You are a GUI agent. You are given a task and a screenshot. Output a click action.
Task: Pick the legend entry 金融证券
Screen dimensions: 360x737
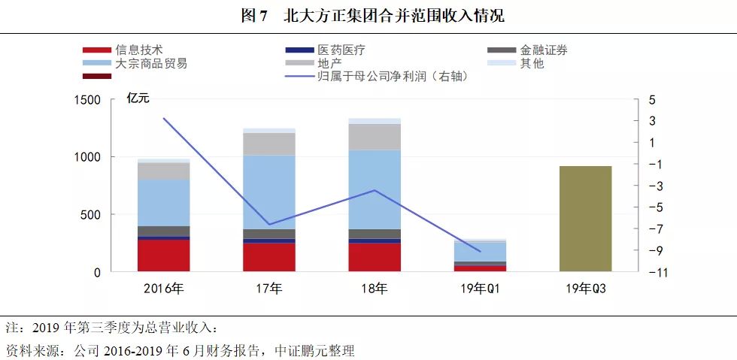point(543,50)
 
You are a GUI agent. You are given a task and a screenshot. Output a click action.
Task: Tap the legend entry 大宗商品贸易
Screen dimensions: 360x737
point(150,63)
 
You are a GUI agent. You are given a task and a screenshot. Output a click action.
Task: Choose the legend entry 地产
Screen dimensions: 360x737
point(329,63)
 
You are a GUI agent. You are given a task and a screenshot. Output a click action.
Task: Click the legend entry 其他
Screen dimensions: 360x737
point(531,63)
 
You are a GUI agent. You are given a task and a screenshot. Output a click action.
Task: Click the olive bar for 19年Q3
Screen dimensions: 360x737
point(586,219)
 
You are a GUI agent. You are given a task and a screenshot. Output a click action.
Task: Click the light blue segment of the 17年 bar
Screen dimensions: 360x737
point(269,192)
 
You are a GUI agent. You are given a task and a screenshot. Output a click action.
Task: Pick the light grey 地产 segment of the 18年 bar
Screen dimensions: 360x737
point(375,137)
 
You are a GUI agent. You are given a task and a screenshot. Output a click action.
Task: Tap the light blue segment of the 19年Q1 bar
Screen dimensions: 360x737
point(480,251)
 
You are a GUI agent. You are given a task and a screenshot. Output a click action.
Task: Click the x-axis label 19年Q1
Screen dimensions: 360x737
point(480,289)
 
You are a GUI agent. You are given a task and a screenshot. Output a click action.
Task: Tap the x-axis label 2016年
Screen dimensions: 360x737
point(164,289)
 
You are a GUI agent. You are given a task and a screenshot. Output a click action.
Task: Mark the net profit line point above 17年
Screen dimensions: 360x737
point(269,225)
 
